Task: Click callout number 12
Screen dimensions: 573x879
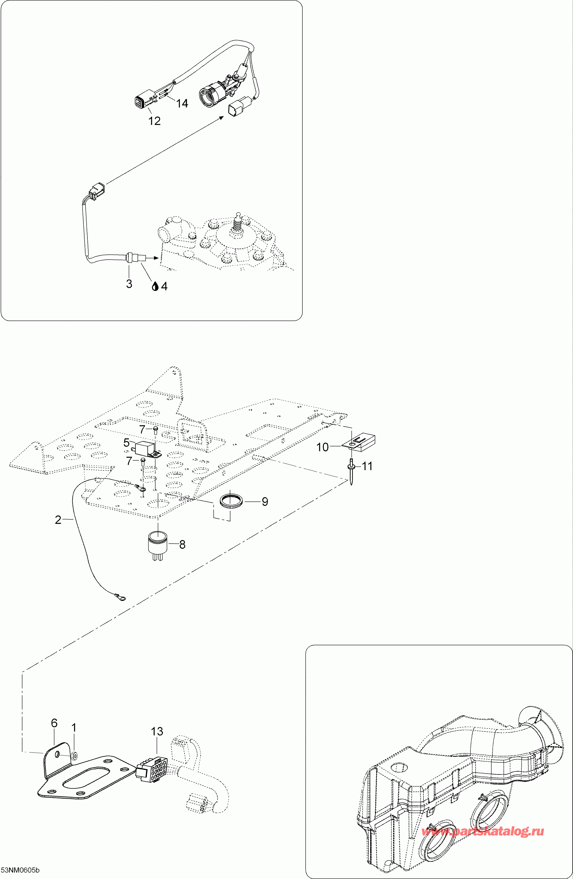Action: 154,121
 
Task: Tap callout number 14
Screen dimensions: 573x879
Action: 182,103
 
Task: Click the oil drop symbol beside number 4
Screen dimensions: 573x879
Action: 155,286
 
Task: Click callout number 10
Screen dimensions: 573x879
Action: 322,447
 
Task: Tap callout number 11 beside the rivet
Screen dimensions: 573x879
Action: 367,466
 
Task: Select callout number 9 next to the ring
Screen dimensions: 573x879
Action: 265,501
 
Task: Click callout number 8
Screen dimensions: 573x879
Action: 182,544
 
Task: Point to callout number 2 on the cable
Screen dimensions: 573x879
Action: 58,520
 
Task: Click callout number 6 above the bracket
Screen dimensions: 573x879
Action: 54,723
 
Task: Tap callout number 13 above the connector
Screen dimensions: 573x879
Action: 157,731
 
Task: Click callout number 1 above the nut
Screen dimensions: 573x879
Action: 74,728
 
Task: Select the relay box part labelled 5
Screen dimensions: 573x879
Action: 144,449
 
